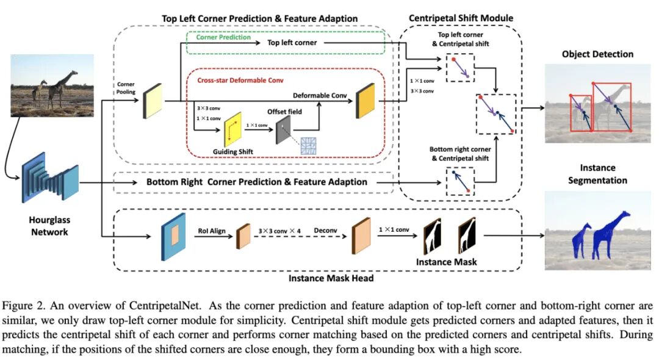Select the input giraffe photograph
[x=52, y=85]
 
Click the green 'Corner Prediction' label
[x=223, y=37]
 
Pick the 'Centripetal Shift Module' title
[x=461, y=18]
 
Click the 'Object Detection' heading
[x=597, y=54]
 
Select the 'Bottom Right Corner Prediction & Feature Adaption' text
[x=257, y=182]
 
